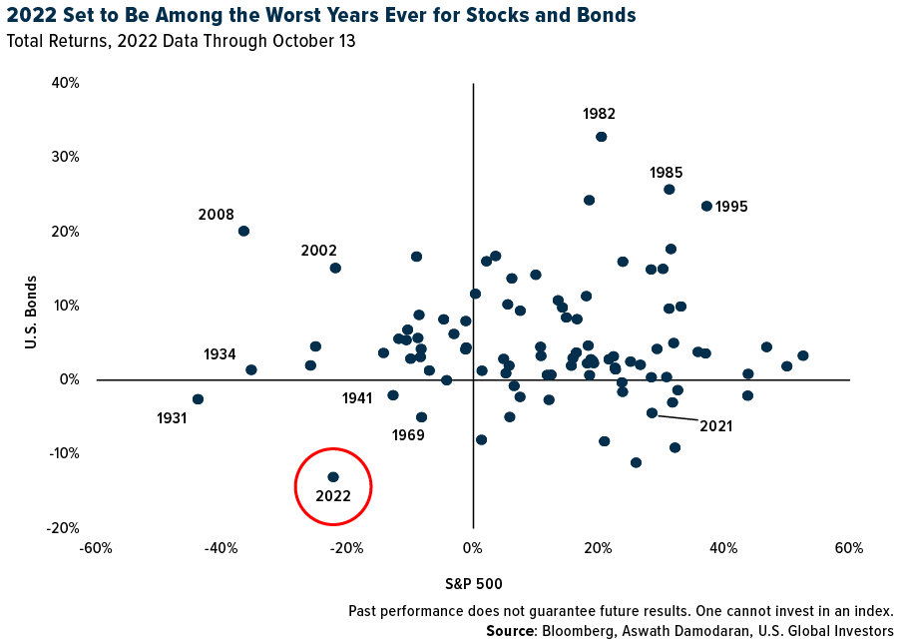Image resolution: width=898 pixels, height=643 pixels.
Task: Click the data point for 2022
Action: pos(333,477)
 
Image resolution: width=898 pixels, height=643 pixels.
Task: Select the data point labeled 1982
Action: pos(602,137)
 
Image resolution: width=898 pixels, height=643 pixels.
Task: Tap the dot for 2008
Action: pos(243,231)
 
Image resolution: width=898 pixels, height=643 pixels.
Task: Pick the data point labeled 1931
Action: pos(198,399)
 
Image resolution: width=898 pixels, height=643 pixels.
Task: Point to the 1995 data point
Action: pos(706,206)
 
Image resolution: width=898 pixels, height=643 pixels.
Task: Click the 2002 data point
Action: pos(335,268)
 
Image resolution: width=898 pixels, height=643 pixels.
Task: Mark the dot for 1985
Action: pos(669,190)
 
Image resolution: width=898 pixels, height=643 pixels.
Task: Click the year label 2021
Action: pos(716,426)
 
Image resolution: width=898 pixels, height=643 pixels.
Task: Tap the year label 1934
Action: pos(220,354)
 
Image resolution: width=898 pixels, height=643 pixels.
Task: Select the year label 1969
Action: pos(408,435)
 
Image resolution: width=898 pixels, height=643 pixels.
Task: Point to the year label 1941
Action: pos(356,398)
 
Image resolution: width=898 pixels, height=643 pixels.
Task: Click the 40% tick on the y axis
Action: pos(65,83)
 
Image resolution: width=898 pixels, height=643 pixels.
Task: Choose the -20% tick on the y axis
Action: pos(62,528)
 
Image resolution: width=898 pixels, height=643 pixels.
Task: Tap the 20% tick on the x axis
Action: pos(599,548)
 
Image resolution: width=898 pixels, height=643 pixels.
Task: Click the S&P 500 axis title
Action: pos(473,583)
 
